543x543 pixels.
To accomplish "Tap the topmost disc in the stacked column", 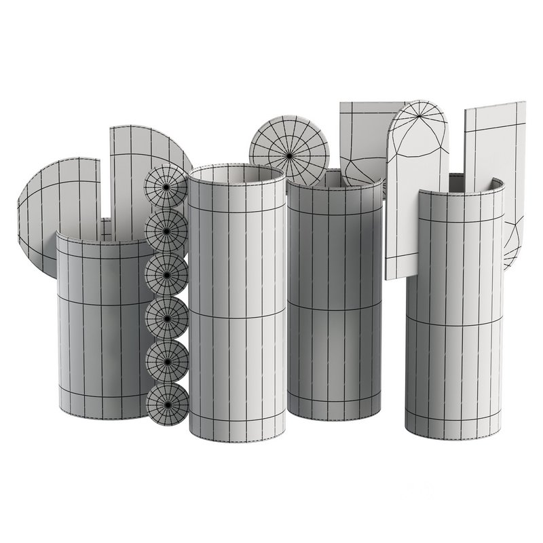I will [x=166, y=185].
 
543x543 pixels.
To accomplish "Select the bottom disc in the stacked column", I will [x=167, y=406].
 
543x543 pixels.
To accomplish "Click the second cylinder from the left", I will [x=236, y=305].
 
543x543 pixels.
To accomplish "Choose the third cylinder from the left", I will [x=335, y=299].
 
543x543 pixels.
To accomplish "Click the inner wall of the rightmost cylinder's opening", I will [x=492, y=185].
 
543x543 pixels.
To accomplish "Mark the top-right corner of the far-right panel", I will [x=525, y=102].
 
